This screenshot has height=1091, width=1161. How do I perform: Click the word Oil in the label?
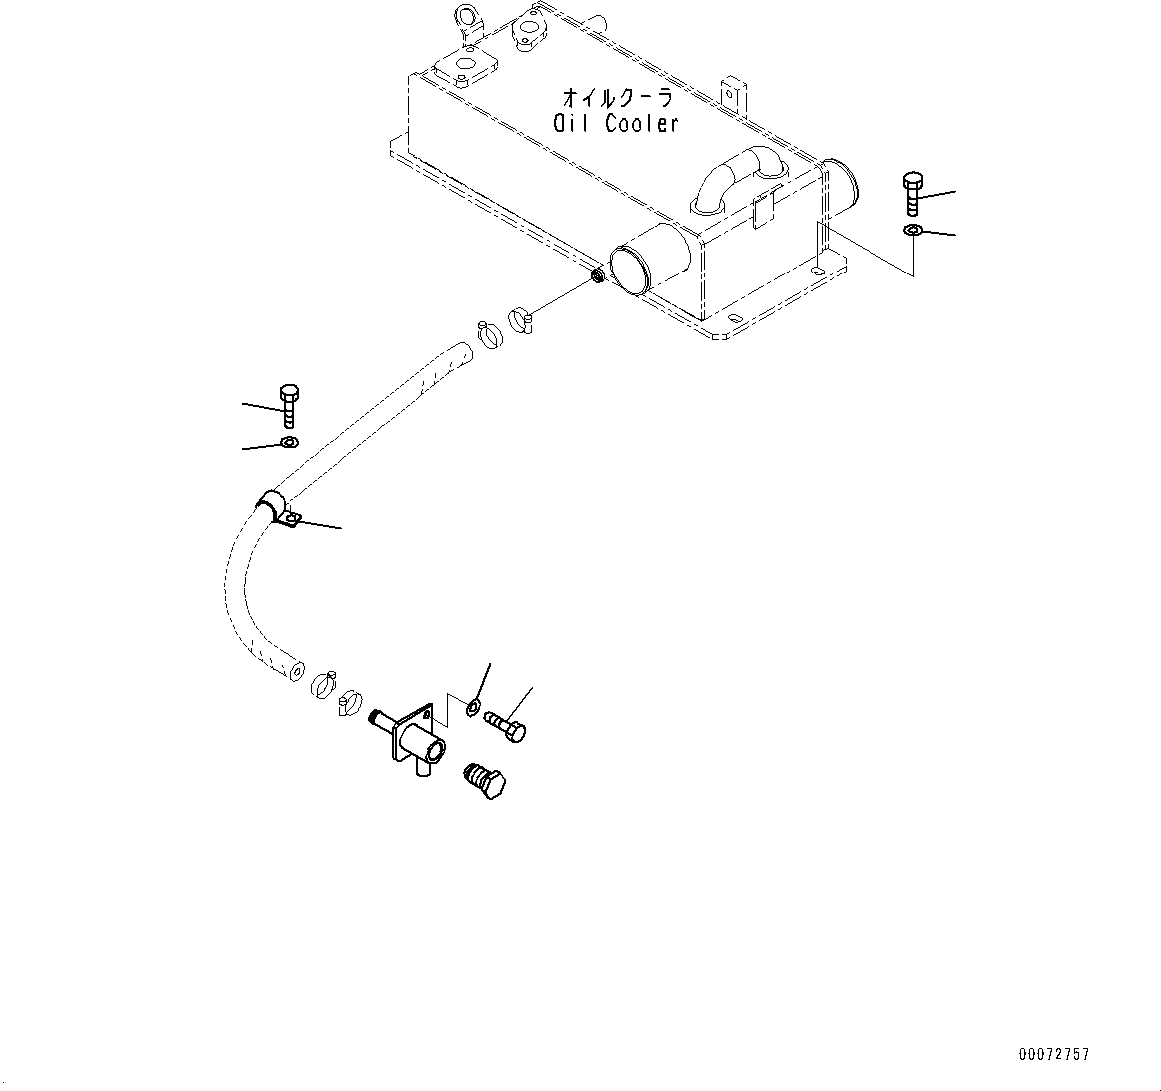[571, 123]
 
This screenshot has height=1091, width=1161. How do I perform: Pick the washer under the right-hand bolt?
[913, 232]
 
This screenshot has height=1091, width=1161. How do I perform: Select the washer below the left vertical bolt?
[289, 442]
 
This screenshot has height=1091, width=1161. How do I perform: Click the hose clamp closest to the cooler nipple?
[520, 320]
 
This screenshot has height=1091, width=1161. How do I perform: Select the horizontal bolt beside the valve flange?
[505, 725]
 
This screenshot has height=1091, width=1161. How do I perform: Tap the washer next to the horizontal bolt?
[471, 708]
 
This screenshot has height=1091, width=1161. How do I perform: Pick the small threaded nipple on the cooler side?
[597, 276]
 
